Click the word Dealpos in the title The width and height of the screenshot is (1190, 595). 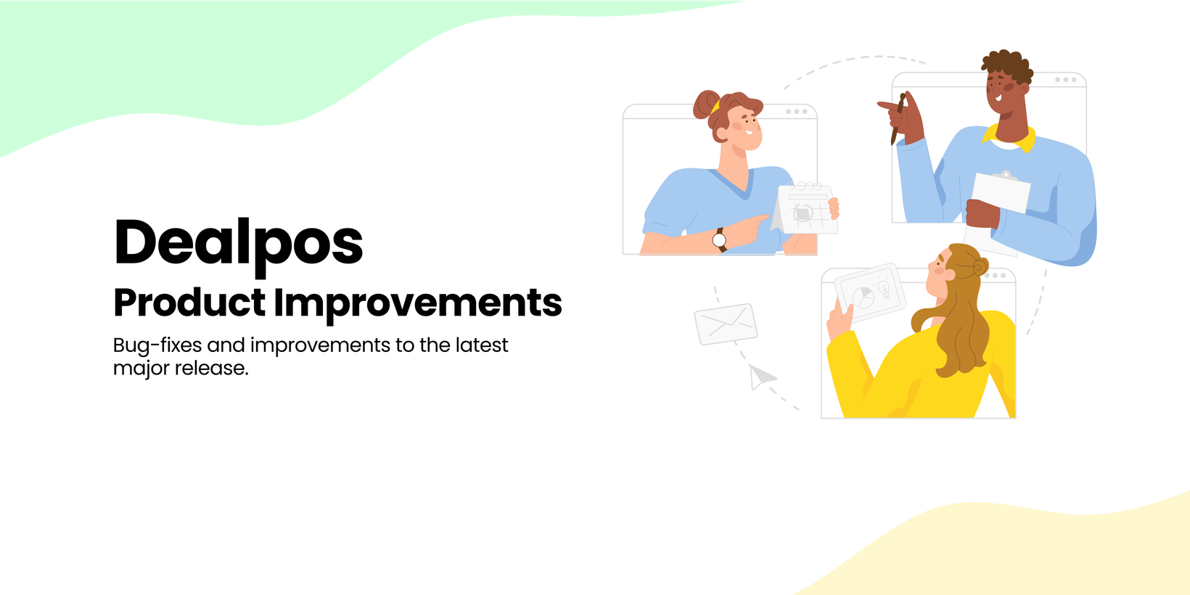(239, 245)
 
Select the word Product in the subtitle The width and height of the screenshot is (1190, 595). (189, 303)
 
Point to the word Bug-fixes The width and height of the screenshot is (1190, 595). (157, 345)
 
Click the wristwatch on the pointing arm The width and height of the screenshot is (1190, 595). (720, 240)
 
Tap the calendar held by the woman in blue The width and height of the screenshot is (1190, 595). (805, 208)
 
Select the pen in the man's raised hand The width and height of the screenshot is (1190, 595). (898, 119)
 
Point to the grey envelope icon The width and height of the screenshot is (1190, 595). (726, 324)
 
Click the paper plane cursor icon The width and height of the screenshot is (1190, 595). (761, 377)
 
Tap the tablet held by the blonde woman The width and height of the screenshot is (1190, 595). (870, 292)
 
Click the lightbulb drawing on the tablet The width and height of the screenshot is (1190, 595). (884, 288)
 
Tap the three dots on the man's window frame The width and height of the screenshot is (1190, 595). (1066, 80)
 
